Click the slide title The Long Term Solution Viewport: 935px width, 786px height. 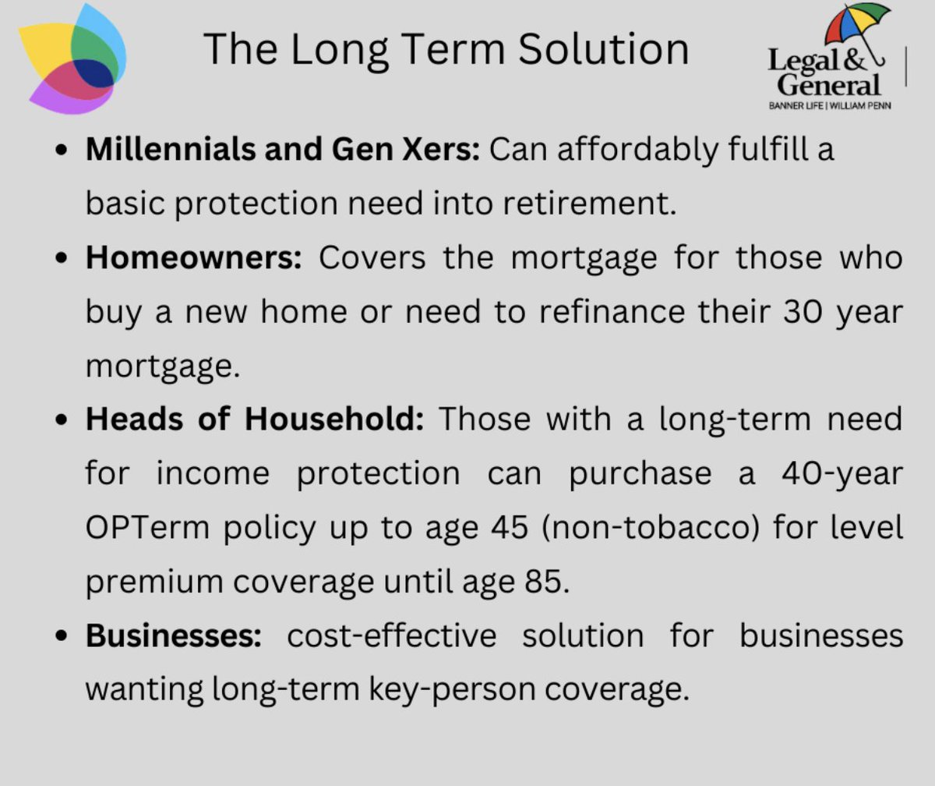[446, 50]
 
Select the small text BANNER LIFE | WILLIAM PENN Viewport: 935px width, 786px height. [829, 105]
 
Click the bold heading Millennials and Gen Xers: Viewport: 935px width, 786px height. [283, 149]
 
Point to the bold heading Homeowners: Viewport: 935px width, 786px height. [193, 258]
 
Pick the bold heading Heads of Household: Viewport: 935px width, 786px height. [255, 420]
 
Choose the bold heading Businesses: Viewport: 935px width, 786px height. [174, 636]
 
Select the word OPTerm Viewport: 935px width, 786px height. [147, 529]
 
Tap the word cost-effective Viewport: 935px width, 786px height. [392, 636]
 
